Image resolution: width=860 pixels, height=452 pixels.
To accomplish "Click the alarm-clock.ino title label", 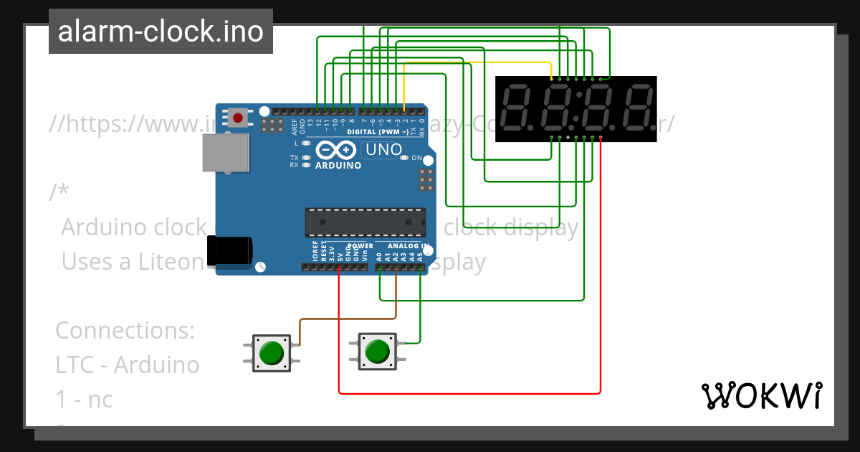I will coord(161,32).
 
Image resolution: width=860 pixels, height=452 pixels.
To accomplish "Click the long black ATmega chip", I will coord(365,222).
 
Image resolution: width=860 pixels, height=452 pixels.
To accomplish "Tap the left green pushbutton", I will coord(271,353).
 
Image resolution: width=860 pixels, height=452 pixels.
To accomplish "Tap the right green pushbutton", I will coord(377,352).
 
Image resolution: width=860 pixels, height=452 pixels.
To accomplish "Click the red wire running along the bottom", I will coord(466,393).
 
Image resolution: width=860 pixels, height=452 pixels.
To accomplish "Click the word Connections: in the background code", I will coord(125,331).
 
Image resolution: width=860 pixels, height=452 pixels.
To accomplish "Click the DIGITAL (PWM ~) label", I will coord(378,132).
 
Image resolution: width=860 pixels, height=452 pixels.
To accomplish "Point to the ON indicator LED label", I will coord(416,158).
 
